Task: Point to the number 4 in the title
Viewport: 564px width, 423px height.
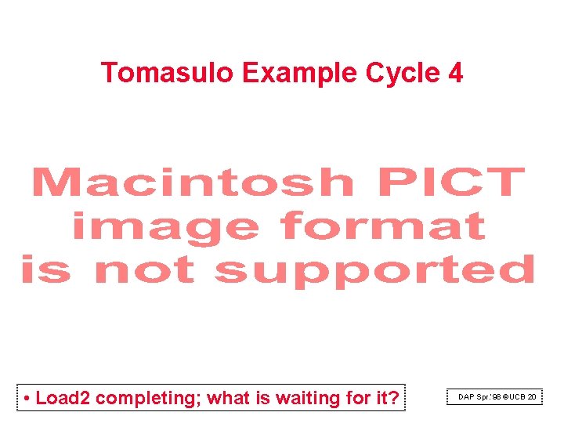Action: tap(455, 73)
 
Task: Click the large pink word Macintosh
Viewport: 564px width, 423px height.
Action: tap(192, 183)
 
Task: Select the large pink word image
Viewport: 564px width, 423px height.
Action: tap(165, 228)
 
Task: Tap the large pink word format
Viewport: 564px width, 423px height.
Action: tap(383, 227)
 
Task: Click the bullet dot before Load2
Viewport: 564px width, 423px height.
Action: tap(27, 399)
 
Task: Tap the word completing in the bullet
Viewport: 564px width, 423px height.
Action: tap(149, 399)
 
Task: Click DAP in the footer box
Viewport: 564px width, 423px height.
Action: tap(467, 398)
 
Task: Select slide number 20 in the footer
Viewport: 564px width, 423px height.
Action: tap(533, 398)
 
